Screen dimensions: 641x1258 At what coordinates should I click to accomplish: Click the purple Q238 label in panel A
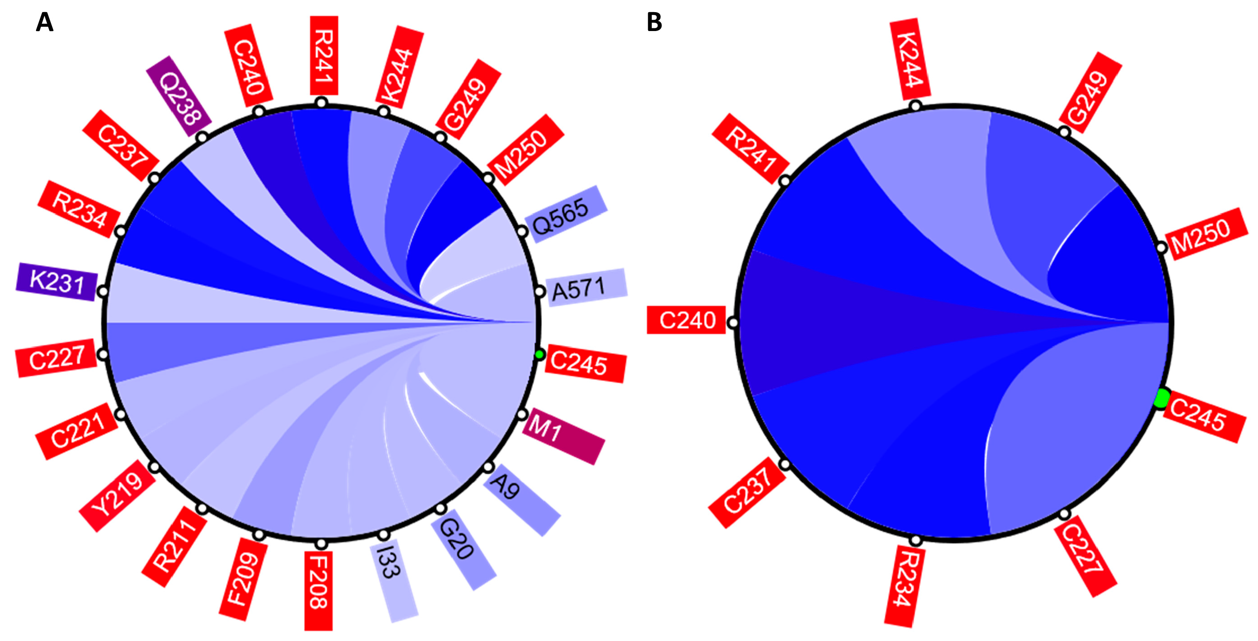179,96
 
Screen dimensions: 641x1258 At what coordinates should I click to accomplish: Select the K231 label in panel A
57,282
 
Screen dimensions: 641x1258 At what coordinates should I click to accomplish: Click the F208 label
318,590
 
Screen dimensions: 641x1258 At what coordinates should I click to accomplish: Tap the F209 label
243,578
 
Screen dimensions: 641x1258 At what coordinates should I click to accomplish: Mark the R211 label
175,546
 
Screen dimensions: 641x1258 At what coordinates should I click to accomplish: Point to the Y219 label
118,496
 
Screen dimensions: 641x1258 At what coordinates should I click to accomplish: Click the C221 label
77,431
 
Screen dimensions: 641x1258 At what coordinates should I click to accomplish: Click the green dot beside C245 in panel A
539,354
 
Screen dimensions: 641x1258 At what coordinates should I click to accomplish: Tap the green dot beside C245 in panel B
1162,398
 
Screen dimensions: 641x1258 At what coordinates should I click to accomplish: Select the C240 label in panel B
686,320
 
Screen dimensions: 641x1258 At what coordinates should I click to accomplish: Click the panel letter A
45,22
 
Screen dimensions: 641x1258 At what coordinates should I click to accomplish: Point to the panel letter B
654,22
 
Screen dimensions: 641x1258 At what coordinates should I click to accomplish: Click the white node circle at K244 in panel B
915,106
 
